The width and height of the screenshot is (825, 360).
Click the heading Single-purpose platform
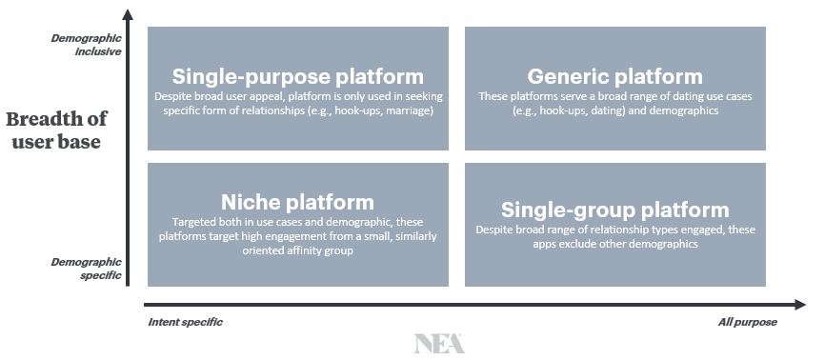pos(298,77)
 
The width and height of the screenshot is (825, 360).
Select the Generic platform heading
pos(615,77)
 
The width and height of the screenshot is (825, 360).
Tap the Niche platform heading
pos(298,202)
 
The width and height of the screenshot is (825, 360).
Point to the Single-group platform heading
pos(615,210)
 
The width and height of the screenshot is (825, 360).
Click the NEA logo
pos(439,343)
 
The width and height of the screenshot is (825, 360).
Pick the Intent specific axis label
pos(185,322)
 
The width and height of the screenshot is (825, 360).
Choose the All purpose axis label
pos(747,322)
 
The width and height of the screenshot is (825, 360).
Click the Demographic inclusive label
pos(87,45)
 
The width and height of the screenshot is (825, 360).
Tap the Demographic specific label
pos(87,269)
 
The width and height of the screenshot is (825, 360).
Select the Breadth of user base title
pos(56,130)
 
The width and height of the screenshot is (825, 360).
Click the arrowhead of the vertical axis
pos(128,14)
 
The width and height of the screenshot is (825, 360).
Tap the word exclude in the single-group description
pos(576,244)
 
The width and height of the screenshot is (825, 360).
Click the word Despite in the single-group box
pos(492,230)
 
